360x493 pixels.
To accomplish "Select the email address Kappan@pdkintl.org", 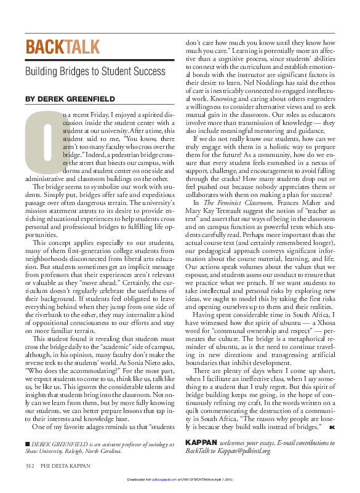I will [x=244, y=468].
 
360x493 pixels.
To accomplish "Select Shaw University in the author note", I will [x=46, y=468].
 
